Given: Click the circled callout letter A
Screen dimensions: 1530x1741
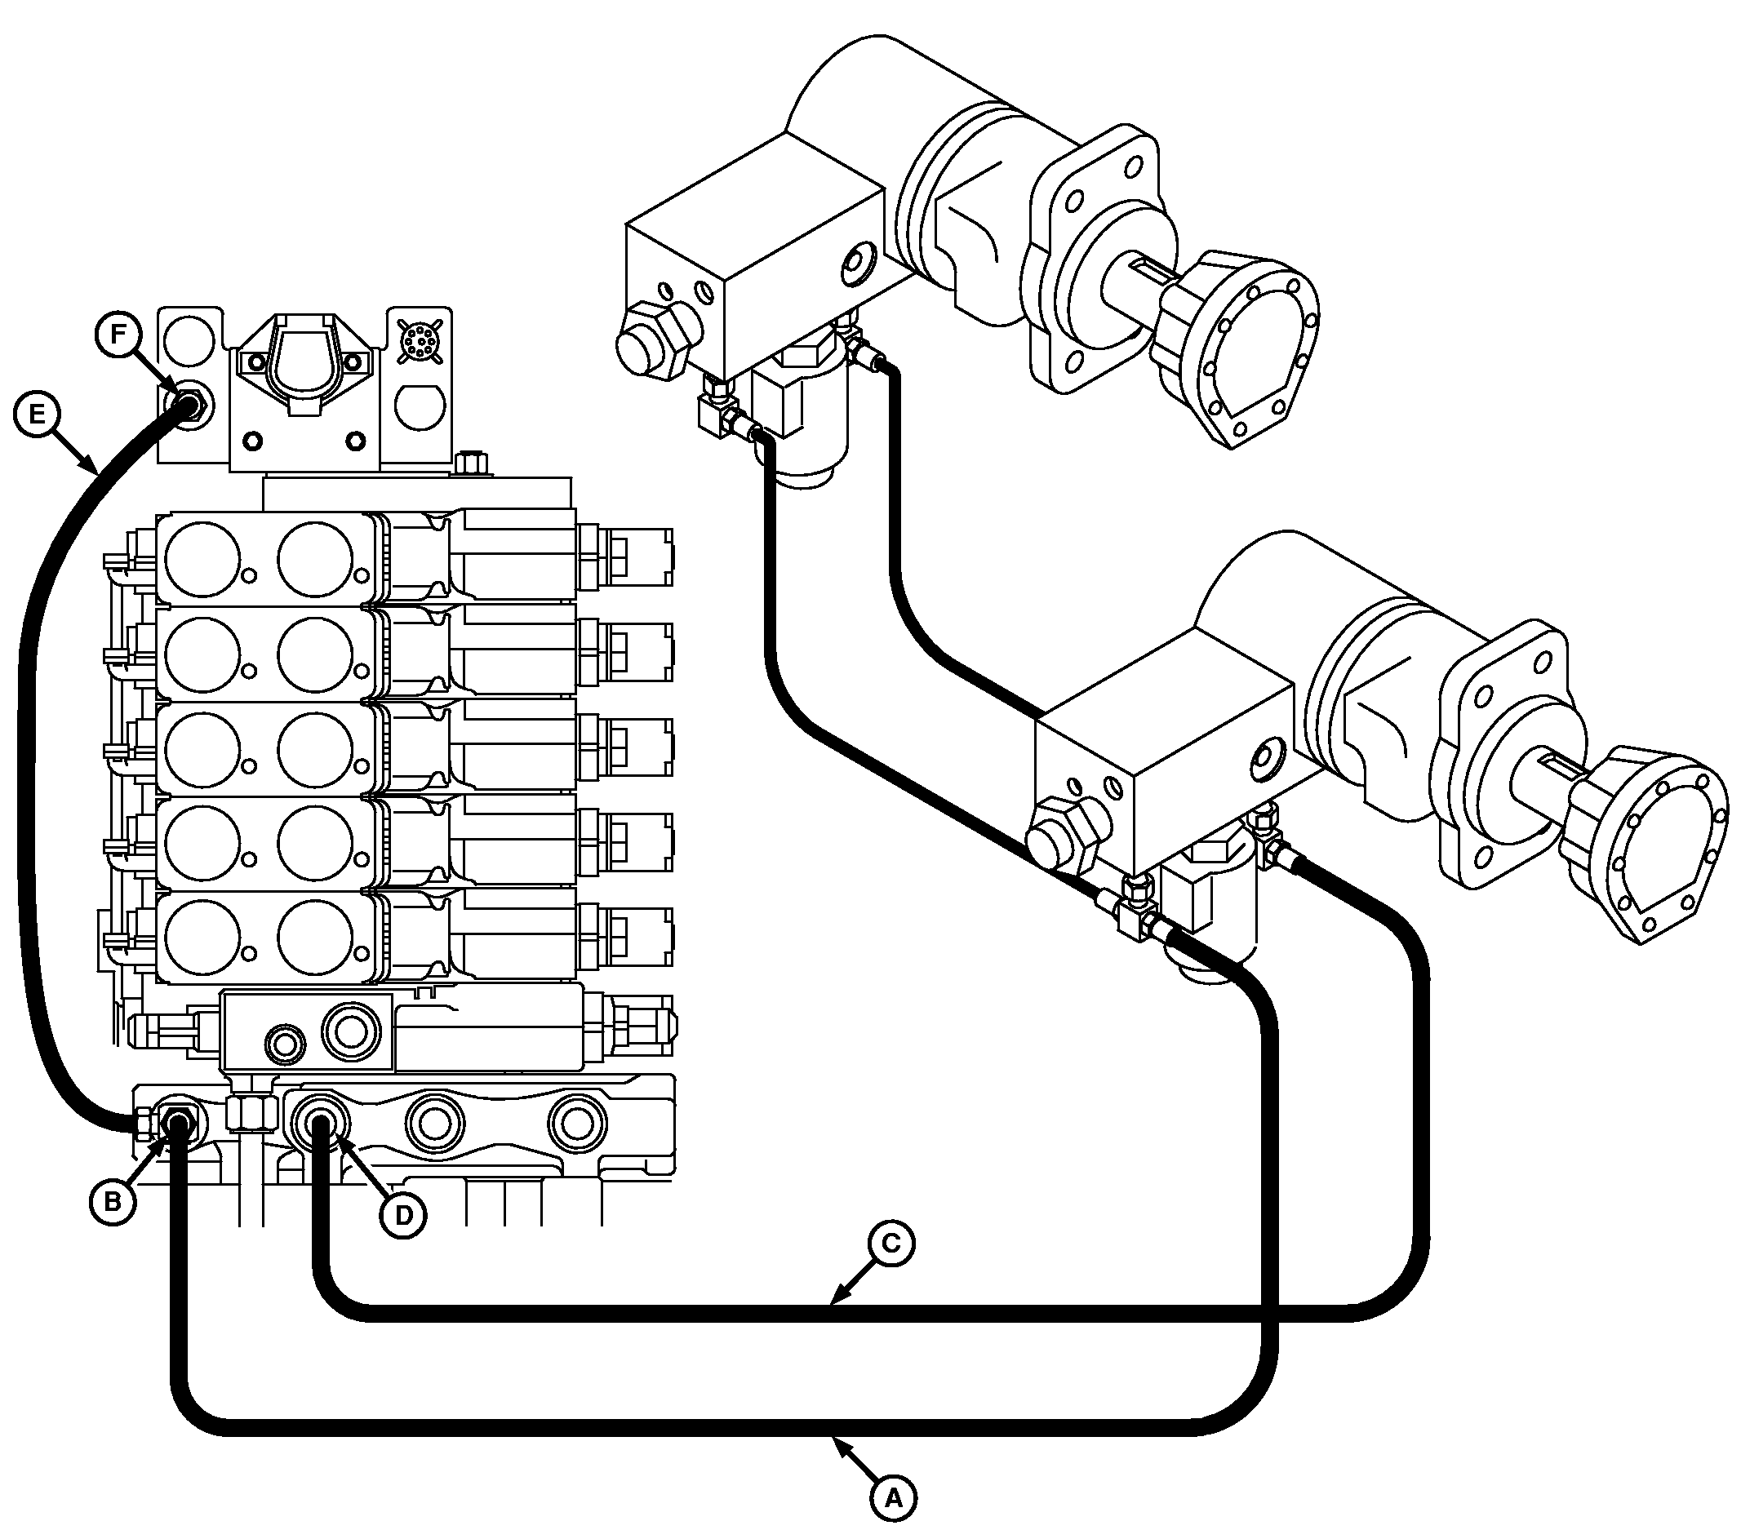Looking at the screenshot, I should coord(893,1495).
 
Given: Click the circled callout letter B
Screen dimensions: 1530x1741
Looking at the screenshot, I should coord(113,1200).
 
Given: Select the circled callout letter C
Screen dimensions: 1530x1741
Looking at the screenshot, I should coord(890,1244).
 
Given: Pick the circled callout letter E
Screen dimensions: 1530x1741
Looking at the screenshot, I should coord(37,415).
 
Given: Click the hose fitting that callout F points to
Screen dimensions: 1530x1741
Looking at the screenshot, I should coord(187,404).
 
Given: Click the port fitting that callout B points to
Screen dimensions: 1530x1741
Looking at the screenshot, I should coord(178,1125).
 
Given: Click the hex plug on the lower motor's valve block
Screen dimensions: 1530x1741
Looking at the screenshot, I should coord(1064,839).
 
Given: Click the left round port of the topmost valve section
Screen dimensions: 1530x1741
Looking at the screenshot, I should coord(202,557).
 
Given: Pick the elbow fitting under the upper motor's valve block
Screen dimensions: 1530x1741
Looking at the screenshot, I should coord(720,415).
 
